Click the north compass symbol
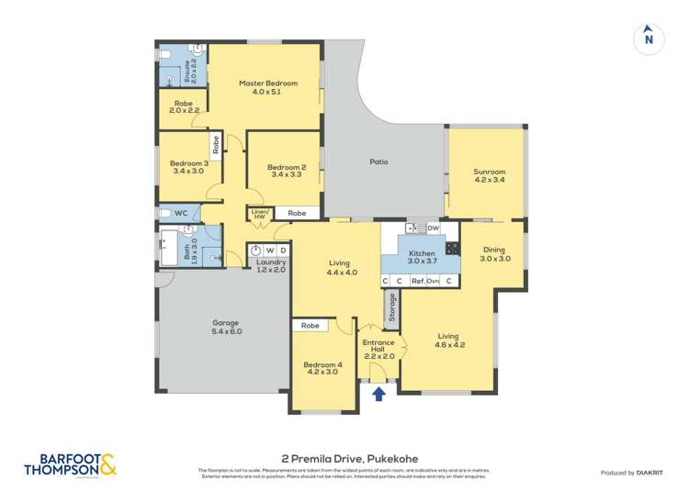649,38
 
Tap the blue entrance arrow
378,394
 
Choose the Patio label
378,162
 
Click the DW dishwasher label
434,228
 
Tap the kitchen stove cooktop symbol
452,247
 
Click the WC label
181,213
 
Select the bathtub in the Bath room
170,248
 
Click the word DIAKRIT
652,473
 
